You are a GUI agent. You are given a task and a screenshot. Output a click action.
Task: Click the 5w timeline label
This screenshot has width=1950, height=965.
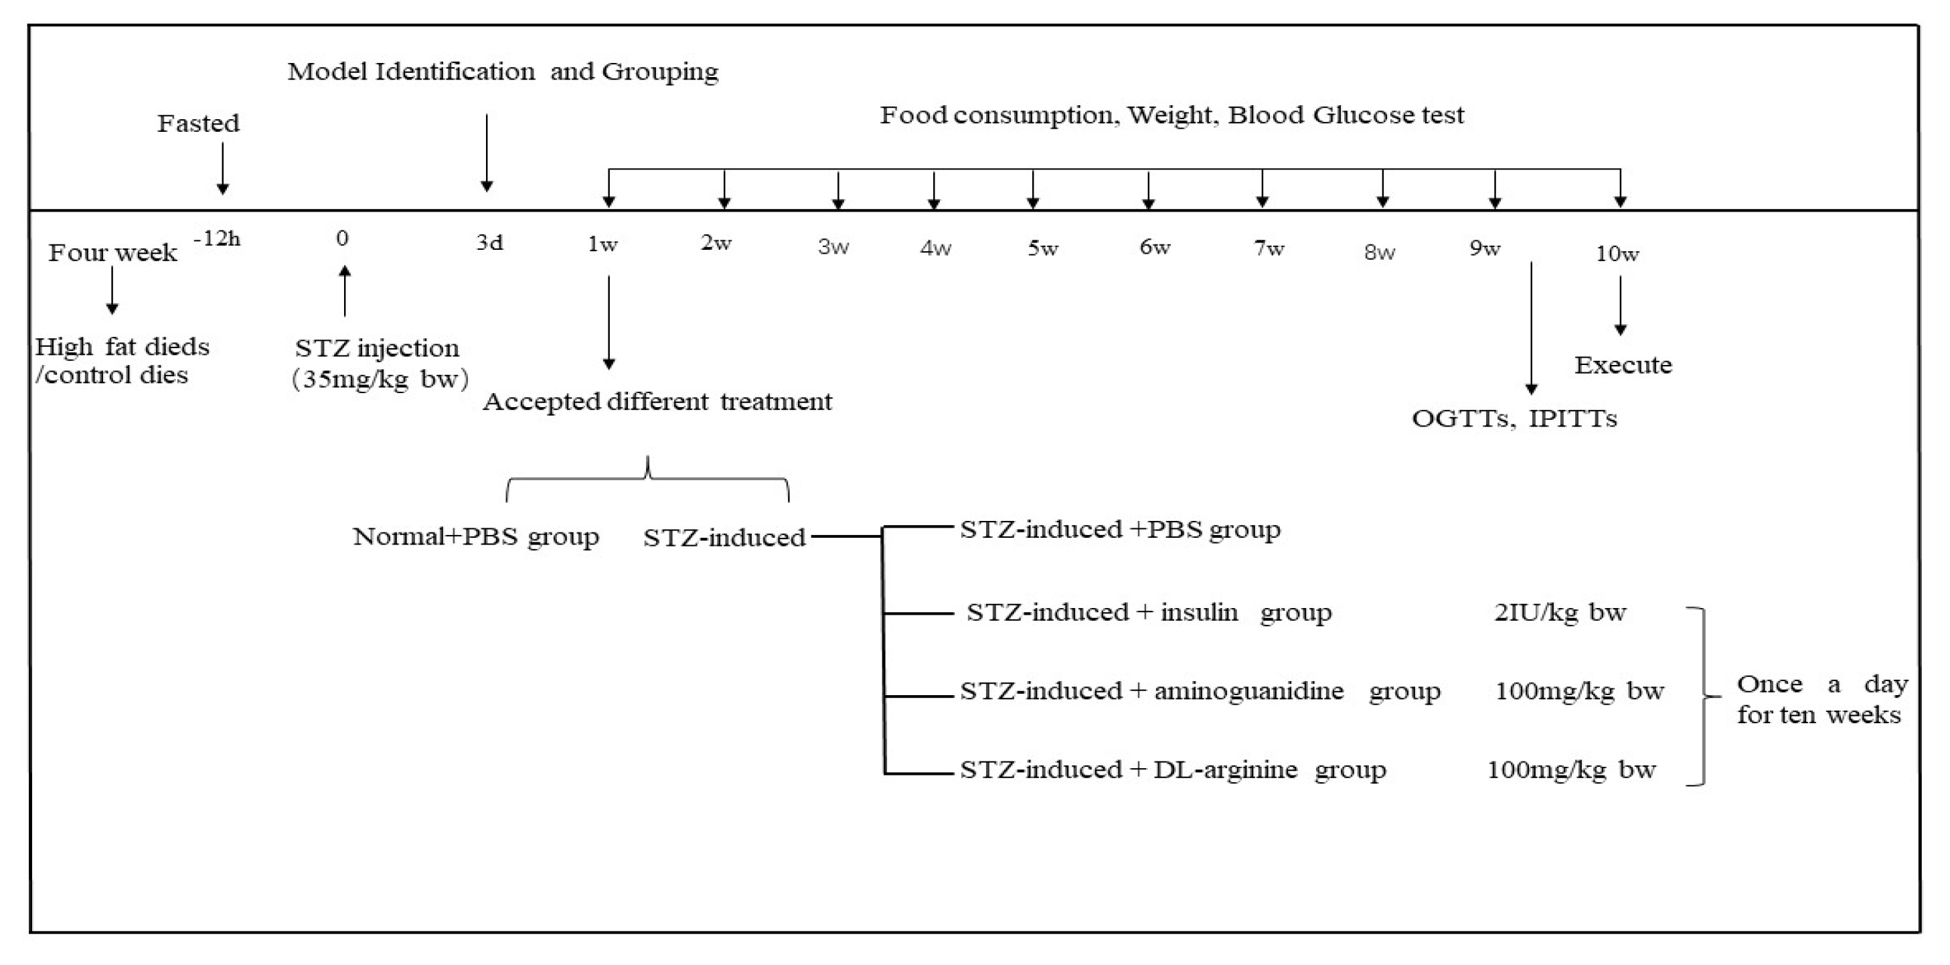pos(1042,248)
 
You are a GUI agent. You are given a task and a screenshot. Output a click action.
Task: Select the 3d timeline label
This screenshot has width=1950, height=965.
pos(489,243)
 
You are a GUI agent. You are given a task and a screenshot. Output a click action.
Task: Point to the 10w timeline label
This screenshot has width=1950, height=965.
pos(1617,254)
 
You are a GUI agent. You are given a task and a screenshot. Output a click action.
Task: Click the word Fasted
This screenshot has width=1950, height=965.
pos(198,123)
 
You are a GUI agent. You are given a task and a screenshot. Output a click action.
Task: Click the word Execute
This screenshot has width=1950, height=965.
pos(1623,365)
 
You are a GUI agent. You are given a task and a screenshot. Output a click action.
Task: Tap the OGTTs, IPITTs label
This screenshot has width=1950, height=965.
pos(1514,418)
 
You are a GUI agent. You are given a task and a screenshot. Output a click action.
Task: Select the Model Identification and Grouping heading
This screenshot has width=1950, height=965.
pos(503,72)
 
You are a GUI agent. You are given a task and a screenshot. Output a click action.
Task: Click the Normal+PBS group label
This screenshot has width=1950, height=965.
pos(475,536)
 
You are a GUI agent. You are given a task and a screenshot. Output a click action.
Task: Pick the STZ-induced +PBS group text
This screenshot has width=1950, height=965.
pos(1119,530)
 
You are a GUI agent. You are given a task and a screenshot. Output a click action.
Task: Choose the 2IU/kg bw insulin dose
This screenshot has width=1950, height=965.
pos(1559,612)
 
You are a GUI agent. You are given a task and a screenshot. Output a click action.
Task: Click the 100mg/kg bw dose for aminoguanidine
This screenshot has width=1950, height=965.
pos(1579,691)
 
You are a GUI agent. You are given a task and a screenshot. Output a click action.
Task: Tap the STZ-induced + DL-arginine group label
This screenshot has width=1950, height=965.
pos(1173,769)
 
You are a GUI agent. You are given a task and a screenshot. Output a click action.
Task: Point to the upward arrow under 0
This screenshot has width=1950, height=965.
pos(345,291)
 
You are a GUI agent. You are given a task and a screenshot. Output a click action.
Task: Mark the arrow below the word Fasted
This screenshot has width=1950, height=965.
pos(222,168)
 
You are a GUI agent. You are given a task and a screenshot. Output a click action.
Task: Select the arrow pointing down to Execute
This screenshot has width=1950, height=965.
pos(1620,305)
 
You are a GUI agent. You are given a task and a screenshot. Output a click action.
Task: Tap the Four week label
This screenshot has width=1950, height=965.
pos(112,252)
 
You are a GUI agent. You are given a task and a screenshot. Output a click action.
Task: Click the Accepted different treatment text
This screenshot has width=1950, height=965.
pos(657,401)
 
